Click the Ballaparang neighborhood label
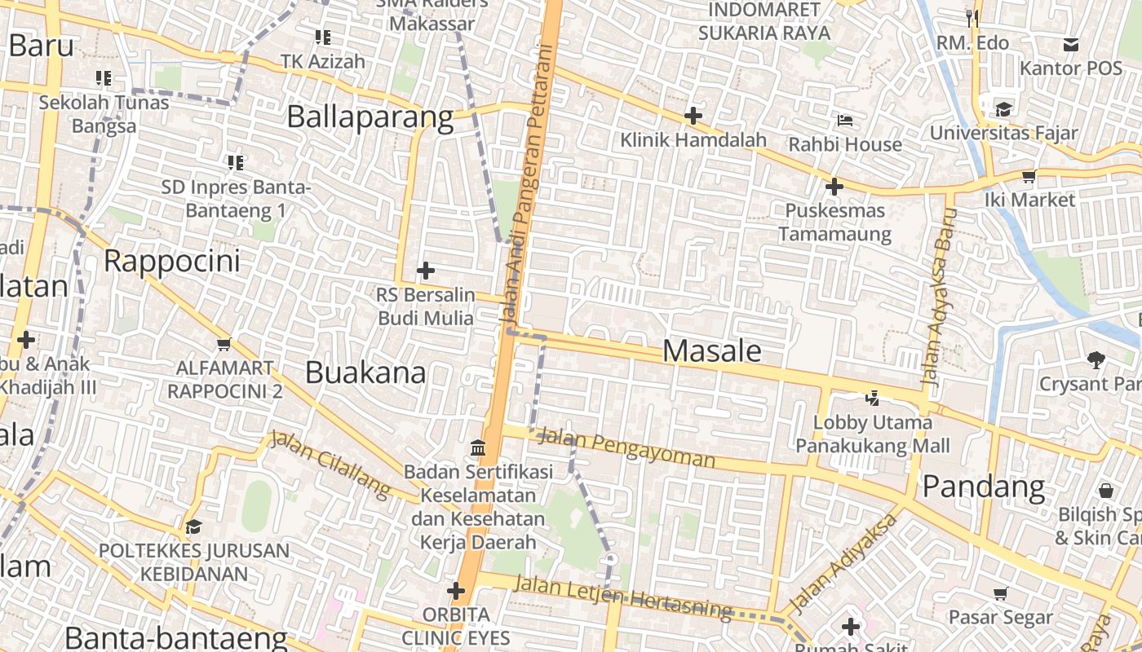(370, 117)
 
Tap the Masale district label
(712, 350)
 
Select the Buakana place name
(365, 372)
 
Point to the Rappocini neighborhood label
(172, 262)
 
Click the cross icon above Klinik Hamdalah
(693, 116)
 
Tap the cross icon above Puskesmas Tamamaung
(834, 187)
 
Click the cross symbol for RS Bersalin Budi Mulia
(425, 270)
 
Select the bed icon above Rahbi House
(845, 121)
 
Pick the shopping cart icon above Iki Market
(1029, 176)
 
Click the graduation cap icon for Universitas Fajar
(1003, 108)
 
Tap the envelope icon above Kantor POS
(1070, 44)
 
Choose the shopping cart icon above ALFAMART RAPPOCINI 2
(224, 344)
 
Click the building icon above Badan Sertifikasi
(478, 447)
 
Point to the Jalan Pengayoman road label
(627, 447)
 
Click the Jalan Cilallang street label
(331, 464)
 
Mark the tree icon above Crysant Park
(1095, 359)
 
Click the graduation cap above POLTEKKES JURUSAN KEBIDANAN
(193, 526)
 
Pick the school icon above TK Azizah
(322, 37)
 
